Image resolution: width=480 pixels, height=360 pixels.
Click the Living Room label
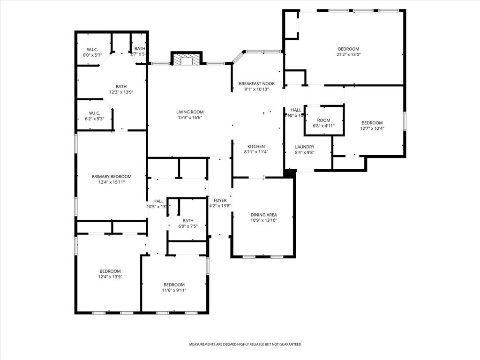coord(190,112)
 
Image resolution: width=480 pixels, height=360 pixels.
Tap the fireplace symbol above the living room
coord(187,60)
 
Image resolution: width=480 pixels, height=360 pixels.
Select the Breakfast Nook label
coord(256,83)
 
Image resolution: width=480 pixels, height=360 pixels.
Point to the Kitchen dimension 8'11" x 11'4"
coord(256,152)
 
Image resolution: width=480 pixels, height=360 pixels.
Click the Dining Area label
coord(263,215)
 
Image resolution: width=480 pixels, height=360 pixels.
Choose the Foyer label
coord(220,200)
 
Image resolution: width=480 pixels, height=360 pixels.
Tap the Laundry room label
coord(304,147)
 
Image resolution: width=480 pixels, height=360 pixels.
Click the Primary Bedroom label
coord(112,176)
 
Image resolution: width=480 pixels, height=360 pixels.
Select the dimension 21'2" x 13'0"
coord(349,54)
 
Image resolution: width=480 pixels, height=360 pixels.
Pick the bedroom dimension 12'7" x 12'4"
coord(372,128)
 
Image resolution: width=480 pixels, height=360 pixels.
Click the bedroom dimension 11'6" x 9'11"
coord(174,290)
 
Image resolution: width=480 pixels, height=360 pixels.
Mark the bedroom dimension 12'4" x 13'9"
coord(110,277)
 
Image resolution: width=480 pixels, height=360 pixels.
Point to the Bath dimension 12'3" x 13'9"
coord(121,92)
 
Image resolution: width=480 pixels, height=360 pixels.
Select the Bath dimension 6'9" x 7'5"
coord(187,226)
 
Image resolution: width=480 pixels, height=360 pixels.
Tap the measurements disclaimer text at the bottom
coord(245,345)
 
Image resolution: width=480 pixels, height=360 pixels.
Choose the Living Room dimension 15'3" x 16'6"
coord(190,117)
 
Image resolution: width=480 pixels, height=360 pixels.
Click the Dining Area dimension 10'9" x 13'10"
coord(263,220)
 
